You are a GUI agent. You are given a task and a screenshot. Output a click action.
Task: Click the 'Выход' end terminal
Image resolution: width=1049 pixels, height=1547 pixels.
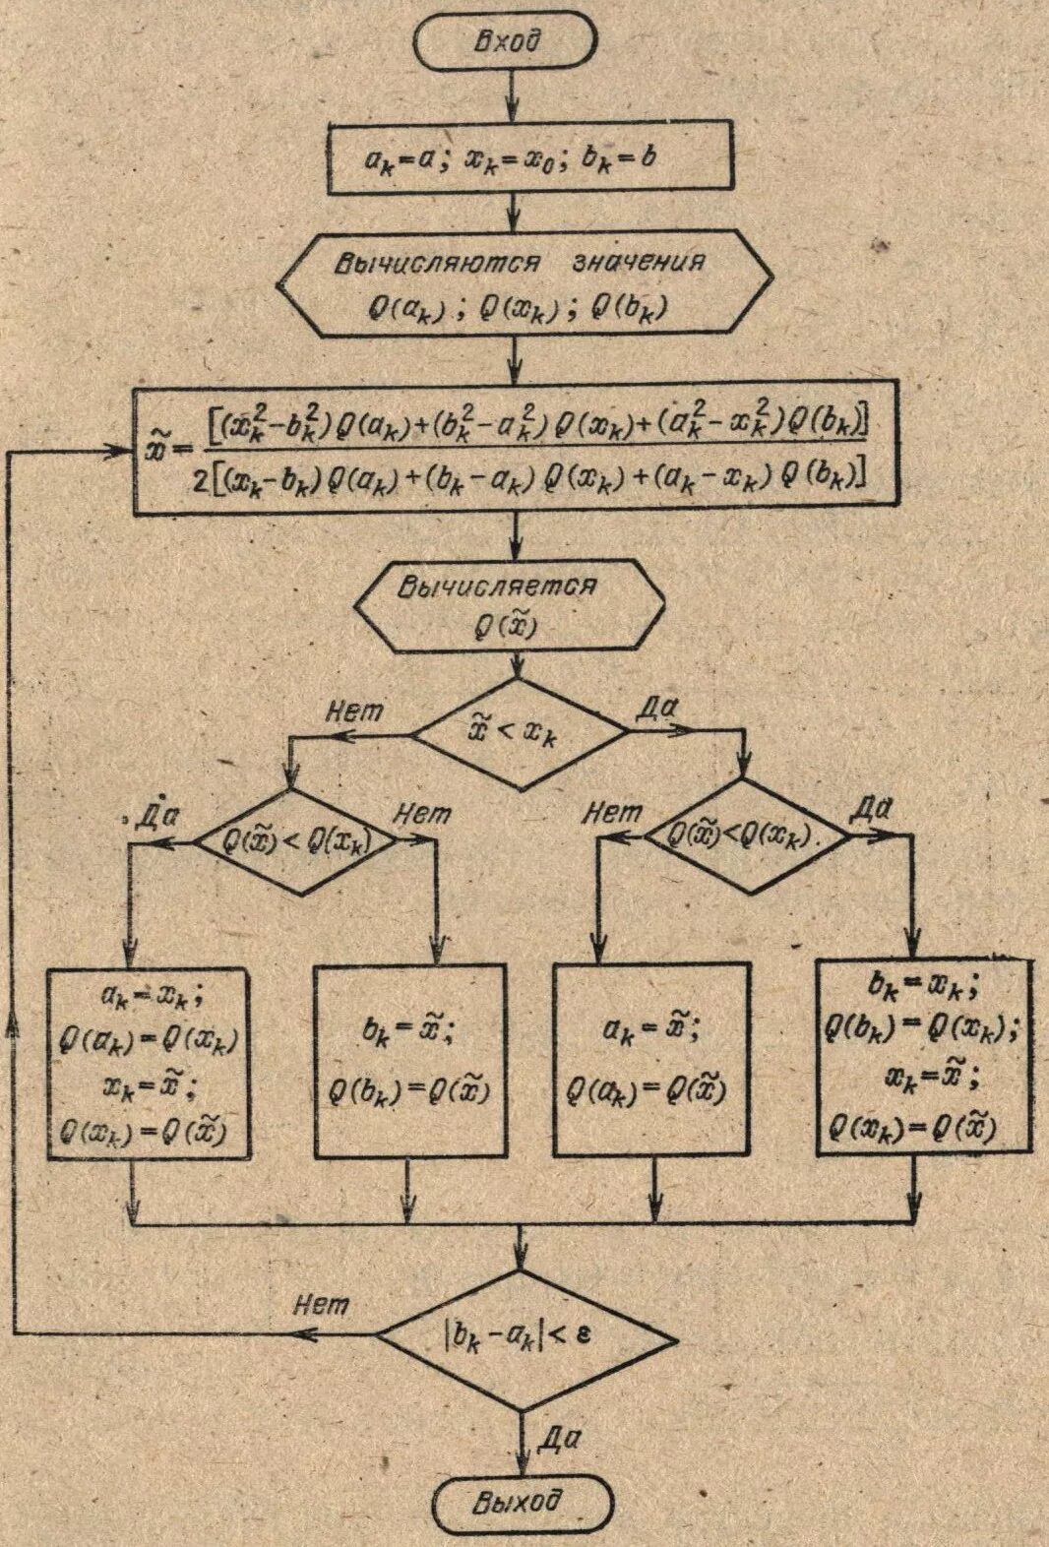(x=523, y=1504)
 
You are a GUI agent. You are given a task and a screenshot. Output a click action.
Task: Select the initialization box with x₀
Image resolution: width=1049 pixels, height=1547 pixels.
(x=528, y=155)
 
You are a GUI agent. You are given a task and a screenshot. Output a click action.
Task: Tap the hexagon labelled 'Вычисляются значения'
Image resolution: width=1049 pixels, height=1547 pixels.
(x=521, y=284)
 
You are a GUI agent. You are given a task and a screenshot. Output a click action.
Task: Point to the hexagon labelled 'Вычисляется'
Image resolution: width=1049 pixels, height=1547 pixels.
(x=511, y=606)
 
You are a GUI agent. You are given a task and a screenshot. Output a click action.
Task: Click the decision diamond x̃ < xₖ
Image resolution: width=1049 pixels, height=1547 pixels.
(x=519, y=733)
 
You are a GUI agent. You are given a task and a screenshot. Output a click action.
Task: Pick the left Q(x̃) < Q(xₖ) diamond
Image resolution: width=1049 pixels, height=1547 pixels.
(x=294, y=842)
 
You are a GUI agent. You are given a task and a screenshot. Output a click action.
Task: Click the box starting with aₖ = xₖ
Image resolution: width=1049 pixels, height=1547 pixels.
(x=147, y=1064)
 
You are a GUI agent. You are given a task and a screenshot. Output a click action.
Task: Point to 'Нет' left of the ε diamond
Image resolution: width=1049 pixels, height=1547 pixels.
(x=321, y=1305)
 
